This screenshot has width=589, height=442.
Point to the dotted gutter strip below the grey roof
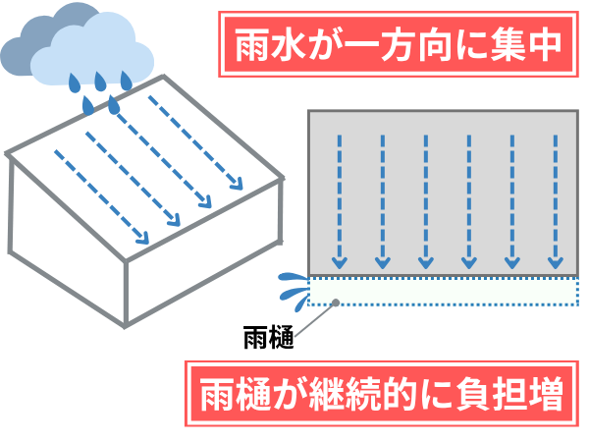click(442, 291)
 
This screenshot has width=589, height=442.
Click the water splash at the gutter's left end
click(290, 286)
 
